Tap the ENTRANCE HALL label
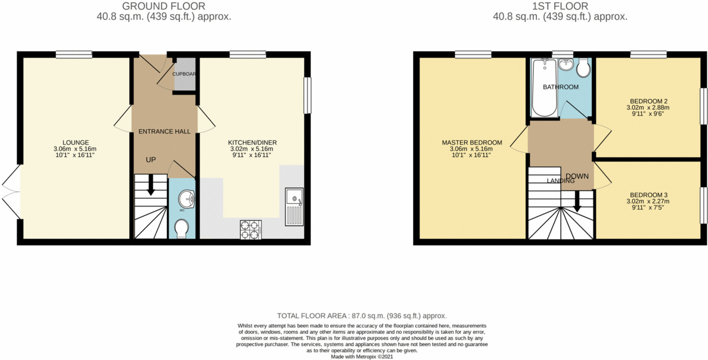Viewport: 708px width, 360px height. tap(164, 131)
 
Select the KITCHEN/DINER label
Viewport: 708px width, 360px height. tap(253, 142)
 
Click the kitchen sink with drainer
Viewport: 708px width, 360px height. tap(293, 207)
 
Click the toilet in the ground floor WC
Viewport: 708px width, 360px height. tap(182, 228)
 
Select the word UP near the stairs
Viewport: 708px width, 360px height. tap(152, 159)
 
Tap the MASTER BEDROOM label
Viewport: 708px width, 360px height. tap(471, 142)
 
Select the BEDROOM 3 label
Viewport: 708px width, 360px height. tap(648, 195)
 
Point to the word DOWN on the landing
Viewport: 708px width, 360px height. tap(578, 176)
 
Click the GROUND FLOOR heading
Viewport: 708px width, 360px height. tap(163, 6)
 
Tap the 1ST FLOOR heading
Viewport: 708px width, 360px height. tap(560, 6)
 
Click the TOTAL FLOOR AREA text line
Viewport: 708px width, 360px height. tap(362, 316)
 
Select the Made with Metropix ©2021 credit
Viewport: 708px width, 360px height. tap(362, 356)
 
